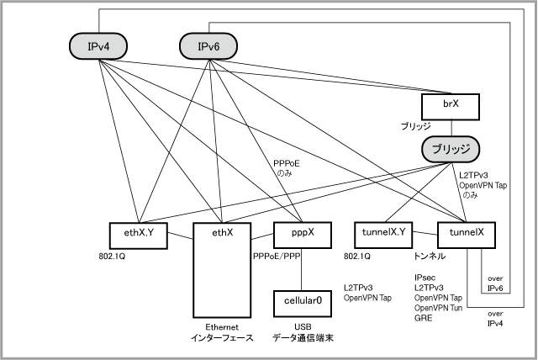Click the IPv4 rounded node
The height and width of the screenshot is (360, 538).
pos(98,46)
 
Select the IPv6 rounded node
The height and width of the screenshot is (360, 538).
pos(208,46)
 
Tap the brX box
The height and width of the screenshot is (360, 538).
pos(451,107)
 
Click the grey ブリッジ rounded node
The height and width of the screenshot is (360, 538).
pos(451,149)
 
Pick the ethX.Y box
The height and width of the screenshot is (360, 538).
pos(139,236)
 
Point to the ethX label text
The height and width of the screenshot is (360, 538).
pos(222,233)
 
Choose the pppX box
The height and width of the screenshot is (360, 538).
pos(303,235)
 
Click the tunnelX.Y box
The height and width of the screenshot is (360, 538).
pos(383,235)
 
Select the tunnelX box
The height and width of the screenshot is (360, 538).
pos(467,235)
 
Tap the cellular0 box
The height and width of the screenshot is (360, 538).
pos(303,304)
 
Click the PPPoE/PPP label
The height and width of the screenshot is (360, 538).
pos(277,257)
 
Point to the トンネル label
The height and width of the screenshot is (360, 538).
pos(430,256)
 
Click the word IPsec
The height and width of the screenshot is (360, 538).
pos(425,278)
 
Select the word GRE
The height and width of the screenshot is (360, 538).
pos(423,318)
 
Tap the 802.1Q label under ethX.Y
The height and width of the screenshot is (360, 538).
pos(112,257)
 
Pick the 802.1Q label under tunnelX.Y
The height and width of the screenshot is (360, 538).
pos(357,257)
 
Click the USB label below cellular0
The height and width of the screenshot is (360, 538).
pos(303,327)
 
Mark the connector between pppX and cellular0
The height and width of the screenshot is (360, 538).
pos(302,269)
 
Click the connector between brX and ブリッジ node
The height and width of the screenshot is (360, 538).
pos(451,129)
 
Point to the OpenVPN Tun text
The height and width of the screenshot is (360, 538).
pos(438,308)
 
